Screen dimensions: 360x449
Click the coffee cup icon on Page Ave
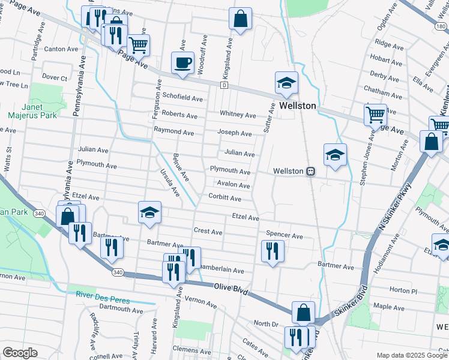(x=182, y=62)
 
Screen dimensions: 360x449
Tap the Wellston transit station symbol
(x=310, y=171)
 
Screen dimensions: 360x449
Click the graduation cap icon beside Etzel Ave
(x=149, y=212)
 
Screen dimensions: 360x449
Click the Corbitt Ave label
(x=224, y=198)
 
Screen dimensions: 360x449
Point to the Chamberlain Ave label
(x=221, y=271)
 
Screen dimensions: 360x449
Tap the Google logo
(x=20, y=353)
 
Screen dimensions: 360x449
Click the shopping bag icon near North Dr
(x=304, y=312)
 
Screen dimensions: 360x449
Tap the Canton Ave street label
(x=61, y=49)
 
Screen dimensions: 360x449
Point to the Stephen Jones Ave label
(x=363, y=161)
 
